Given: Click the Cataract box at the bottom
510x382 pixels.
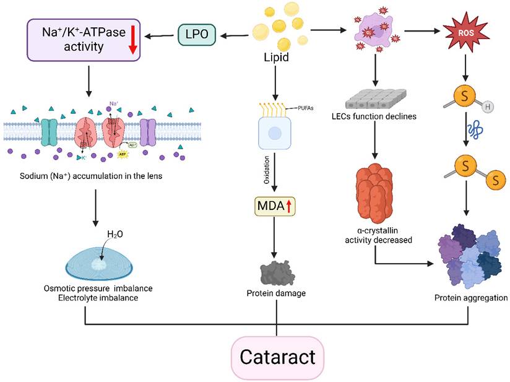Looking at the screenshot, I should [x=277, y=357].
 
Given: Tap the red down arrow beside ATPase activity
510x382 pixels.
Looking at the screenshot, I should [x=131, y=40].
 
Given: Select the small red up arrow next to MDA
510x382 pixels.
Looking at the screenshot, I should [x=289, y=206].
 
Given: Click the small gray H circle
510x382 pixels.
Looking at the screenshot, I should [x=488, y=107].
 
